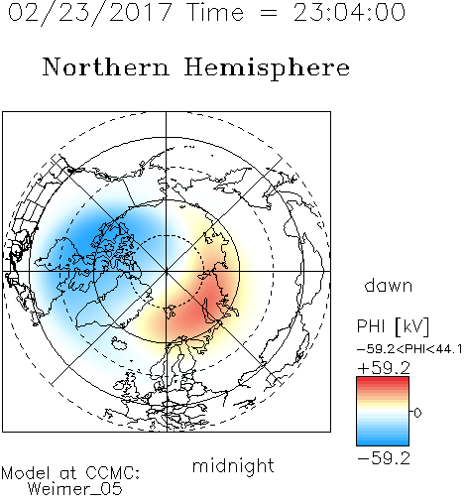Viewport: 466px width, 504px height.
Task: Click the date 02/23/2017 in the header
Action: (90, 13)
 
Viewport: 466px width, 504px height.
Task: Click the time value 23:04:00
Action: (349, 12)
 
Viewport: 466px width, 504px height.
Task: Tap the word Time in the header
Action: (215, 12)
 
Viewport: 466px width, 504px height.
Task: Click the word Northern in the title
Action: (106, 66)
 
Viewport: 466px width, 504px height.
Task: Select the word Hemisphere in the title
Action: (267, 68)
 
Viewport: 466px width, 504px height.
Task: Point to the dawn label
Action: (389, 285)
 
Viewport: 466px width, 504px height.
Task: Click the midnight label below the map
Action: (233, 465)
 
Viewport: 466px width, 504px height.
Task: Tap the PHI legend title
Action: (371, 326)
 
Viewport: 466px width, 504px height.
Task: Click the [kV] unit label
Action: (412, 326)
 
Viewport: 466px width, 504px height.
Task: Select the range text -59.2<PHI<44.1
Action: (409, 349)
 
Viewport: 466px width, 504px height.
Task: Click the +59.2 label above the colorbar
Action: (384, 368)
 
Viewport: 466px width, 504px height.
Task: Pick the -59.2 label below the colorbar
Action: (384, 458)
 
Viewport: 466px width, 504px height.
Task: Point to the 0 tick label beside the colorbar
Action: (417, 413)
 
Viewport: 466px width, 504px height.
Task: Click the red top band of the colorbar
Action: (383, 381)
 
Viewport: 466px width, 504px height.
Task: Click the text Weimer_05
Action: (75, 489)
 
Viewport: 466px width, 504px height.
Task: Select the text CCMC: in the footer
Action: (113, 473)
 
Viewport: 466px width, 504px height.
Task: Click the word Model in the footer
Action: (26, 473)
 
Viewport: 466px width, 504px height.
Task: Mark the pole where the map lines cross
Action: (167, 272)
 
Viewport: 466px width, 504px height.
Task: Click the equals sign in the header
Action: (269, 13)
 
